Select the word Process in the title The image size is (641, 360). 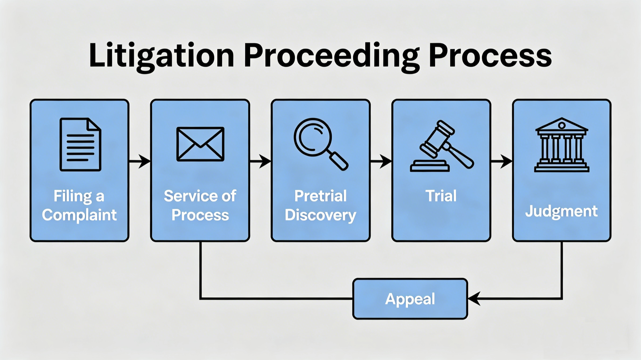click(490, 56)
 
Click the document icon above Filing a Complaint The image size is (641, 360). click(80, 144)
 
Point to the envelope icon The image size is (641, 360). click(200, 144)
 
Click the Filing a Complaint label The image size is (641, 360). click(79, 205)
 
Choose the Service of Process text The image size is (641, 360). click(200, 205)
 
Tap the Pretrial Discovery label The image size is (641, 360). click(320, 205)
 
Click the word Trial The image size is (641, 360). click(441, 196)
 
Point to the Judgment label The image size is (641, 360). click(561, 211)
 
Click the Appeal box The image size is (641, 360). click(410, 299)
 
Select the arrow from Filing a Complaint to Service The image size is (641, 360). click(140, 161)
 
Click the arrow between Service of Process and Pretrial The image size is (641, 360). click(260, 161)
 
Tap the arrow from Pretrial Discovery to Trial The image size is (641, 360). click(381, 161)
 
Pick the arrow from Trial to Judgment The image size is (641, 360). click(501, 161)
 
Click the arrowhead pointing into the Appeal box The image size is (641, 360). click(474, 298)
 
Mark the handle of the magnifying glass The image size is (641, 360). click(338, 160)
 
